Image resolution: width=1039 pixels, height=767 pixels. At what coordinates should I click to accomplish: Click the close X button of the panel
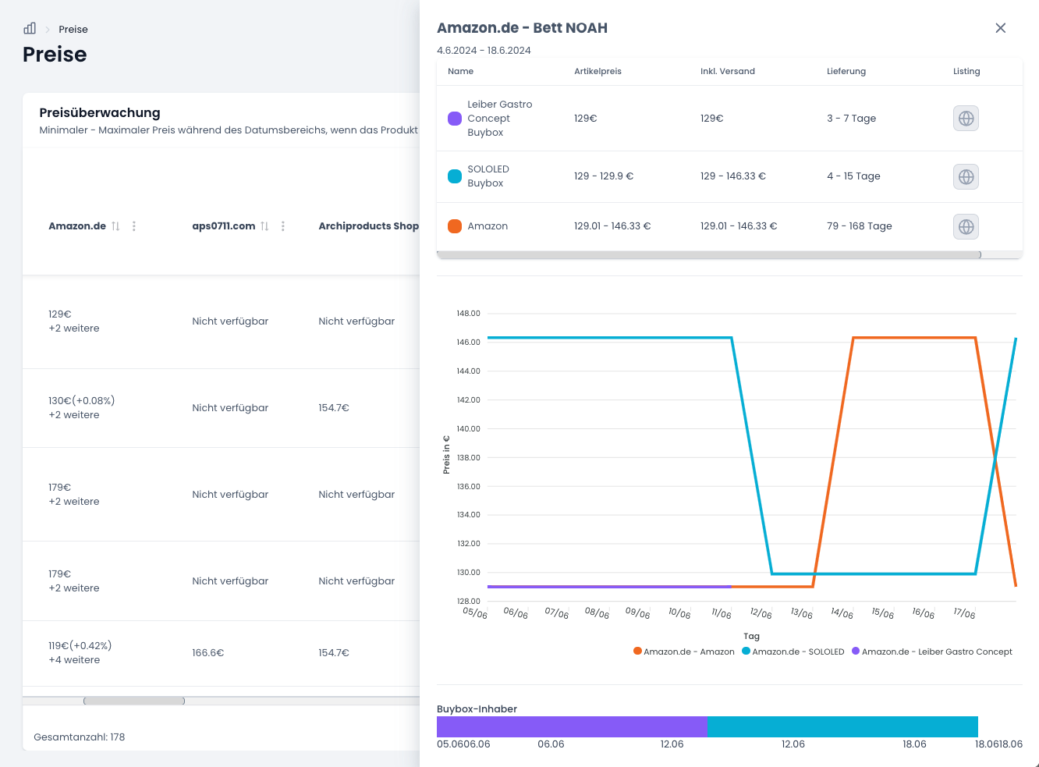[x=1000, y=28]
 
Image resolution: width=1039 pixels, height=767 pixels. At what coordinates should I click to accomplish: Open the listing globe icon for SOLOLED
[x=966, y=176]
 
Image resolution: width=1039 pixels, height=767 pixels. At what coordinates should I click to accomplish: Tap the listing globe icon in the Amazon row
[x=966, y=227]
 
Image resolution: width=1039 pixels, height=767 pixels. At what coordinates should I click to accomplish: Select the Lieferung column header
[x=846, y=71]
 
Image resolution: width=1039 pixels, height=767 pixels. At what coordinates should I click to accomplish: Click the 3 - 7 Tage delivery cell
[x=851, y=118]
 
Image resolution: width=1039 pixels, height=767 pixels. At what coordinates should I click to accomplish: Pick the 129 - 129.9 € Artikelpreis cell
[x=603, y=176]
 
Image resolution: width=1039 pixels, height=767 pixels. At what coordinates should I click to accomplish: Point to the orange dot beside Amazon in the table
[x=455, y=226]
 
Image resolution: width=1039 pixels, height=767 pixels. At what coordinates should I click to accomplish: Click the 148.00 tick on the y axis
[x=468, y=314]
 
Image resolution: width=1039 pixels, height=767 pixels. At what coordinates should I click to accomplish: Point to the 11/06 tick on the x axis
[x=721, y=613]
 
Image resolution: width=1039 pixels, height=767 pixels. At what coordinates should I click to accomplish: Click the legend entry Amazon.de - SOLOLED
[x=793, y=652]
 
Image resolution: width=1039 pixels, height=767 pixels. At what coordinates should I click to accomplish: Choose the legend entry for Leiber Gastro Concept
[x=931, y=652]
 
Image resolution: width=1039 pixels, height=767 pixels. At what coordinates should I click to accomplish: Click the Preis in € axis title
[x=446, y=454]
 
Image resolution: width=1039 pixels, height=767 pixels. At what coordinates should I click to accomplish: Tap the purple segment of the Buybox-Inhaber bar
[x=572, y=726]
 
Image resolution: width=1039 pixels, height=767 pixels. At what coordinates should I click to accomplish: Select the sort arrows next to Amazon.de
[x=115, y=226]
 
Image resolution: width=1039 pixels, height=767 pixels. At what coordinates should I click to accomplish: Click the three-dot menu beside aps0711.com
[x=283, y=226]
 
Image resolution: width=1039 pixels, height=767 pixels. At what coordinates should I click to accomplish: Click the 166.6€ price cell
[x=208, y=652]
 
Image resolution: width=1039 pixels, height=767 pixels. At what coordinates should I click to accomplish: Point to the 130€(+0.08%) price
[x=81, y=400]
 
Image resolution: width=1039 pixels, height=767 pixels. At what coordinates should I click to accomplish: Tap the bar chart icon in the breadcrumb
[x=30, y=29]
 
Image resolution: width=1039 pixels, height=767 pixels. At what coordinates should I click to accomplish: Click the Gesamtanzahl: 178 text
[x=79, y=737]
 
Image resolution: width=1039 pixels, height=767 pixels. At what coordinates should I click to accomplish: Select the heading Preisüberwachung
[x=100, y=112]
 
